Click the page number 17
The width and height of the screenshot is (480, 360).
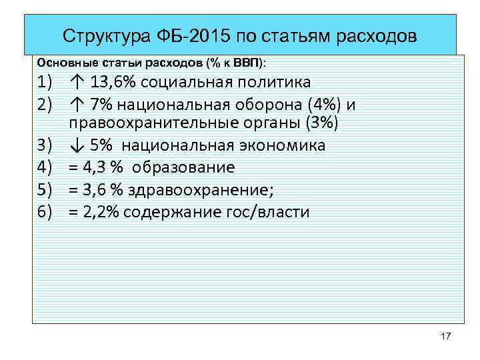click(x=446, y=335)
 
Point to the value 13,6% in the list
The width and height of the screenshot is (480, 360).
click(x=109, y=83)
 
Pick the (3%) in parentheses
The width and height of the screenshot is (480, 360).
click(x=319, y=125)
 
